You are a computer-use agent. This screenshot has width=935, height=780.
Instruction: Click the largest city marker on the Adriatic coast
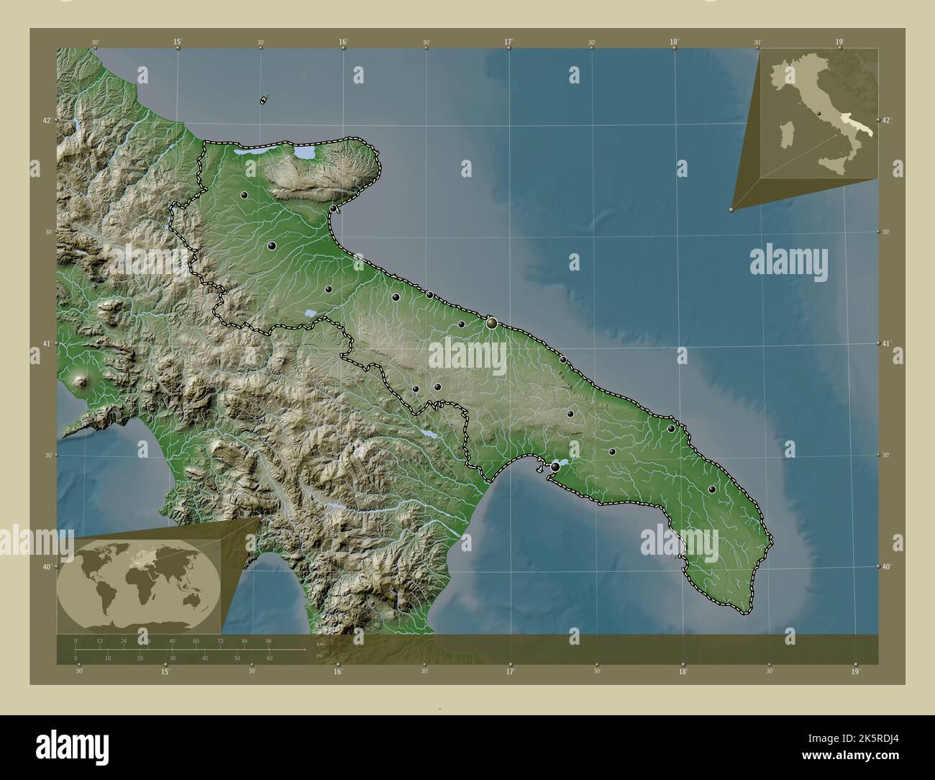point(492,323)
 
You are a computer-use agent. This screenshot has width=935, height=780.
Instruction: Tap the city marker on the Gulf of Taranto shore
point(555,467)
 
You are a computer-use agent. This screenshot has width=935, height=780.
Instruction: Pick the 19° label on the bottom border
point(855,671)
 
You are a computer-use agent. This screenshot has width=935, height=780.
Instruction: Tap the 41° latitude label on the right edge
point(886,343)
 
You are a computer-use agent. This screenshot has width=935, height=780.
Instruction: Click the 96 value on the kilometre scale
point(268,640)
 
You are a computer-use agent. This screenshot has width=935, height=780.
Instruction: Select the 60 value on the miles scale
point(269,658)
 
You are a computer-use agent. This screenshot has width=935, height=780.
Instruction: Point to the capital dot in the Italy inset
point(818,114)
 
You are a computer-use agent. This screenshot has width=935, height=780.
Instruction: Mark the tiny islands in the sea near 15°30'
point(264,99)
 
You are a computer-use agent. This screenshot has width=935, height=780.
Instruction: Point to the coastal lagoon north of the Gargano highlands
point(306,154)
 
